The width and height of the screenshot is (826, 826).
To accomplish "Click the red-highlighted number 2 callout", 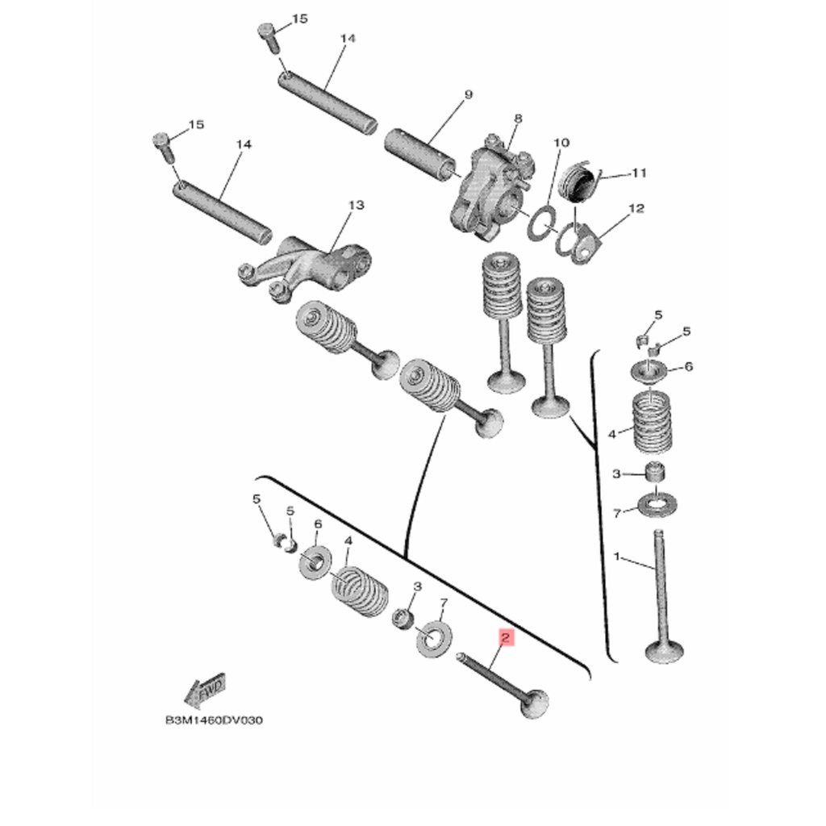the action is [x=505, y=639].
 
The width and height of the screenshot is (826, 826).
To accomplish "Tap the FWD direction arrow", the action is [x=205, y=690].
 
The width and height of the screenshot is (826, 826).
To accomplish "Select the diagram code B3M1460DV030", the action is [x=214, y=720].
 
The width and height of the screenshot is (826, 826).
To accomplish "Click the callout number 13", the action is [x=356, y=205].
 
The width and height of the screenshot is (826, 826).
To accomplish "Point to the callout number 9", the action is [x=468, y=95].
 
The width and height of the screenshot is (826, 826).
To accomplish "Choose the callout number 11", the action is [x=639, y=173].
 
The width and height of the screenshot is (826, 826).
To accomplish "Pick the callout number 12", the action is [x=636, y=209].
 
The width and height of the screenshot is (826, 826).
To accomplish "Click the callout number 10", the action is [x=561, y=143].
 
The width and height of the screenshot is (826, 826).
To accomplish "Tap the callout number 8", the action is [x=518, y=119].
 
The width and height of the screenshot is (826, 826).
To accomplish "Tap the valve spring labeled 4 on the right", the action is [x=651, y=423].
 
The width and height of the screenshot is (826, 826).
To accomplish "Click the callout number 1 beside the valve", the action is [x=617, y=557].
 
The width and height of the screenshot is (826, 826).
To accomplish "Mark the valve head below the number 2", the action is [x=534, y=704].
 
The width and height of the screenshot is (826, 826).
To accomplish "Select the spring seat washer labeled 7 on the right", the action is [x=657, y=505].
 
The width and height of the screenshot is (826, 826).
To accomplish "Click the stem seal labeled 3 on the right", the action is [x=655, y=471].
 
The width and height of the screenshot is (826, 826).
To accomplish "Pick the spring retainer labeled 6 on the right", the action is [x=649, y=369].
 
